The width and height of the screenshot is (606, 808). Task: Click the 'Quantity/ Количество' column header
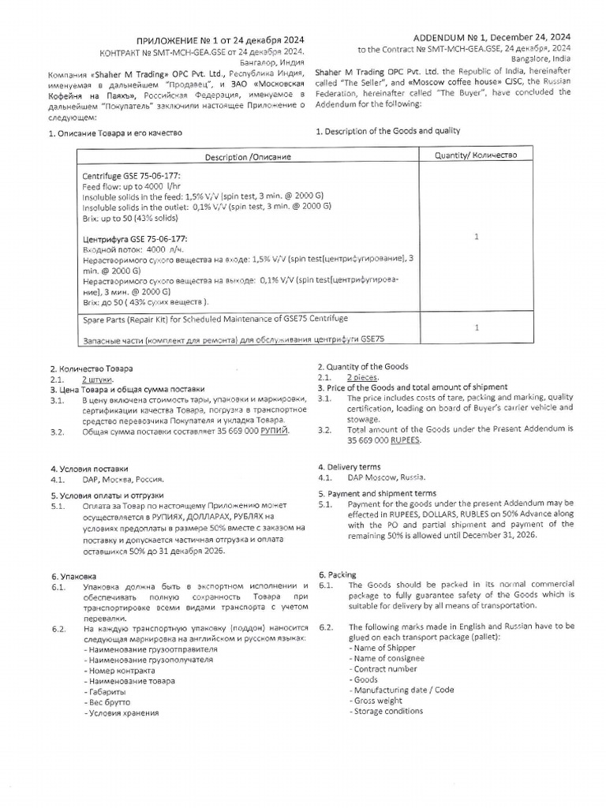coord(476,155)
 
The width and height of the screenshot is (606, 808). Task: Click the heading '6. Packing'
coord(337,574)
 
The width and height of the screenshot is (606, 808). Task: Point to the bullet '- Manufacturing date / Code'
coord(401,689)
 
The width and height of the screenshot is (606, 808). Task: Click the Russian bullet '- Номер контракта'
coord(120,670)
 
